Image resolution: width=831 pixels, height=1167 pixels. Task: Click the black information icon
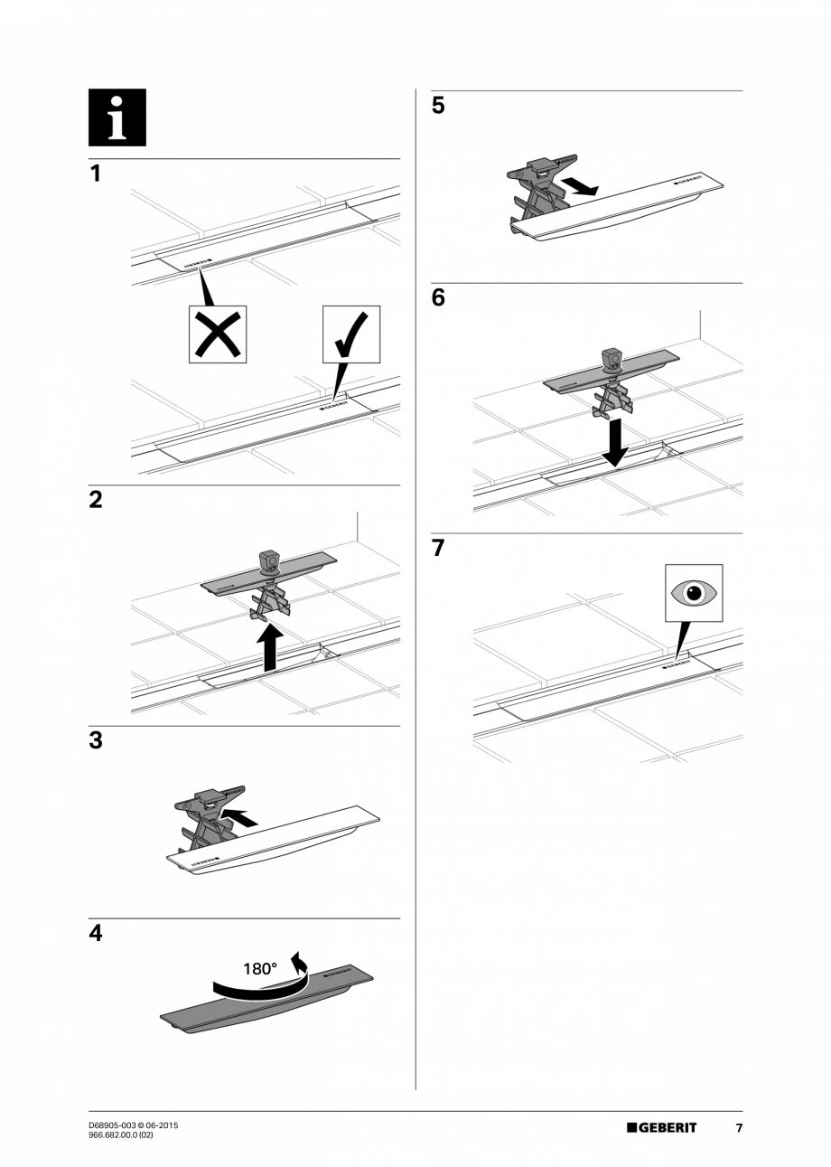117,118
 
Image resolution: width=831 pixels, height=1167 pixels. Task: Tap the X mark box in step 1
218,334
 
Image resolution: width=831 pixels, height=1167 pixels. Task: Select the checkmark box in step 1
351,334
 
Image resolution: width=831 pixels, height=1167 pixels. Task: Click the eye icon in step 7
694,593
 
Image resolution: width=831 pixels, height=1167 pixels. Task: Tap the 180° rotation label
260,969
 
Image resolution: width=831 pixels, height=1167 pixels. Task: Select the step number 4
96,934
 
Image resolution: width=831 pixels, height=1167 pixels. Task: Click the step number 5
438,106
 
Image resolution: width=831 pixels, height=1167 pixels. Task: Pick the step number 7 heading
438,548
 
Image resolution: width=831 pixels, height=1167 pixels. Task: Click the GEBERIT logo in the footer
662,1127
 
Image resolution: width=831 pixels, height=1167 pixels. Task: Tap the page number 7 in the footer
738,1127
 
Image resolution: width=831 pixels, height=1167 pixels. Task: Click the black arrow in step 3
238,817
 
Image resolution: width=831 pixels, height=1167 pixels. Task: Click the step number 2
96,500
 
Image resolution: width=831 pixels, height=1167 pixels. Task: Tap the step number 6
438,298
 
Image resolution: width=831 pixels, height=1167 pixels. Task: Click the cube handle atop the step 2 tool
269,561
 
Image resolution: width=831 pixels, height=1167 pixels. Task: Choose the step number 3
96,741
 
